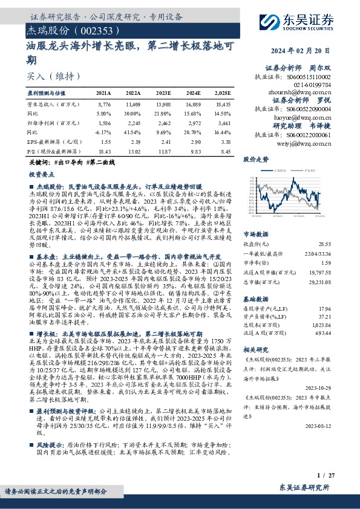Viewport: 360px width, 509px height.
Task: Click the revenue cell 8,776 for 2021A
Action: click(x=104, y=105)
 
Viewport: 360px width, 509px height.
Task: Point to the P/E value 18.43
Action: click(x=104, y=152)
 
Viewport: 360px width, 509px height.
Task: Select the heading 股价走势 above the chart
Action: click(x=256, y=160)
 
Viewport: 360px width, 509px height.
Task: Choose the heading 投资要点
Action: click(x=43, y=173)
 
